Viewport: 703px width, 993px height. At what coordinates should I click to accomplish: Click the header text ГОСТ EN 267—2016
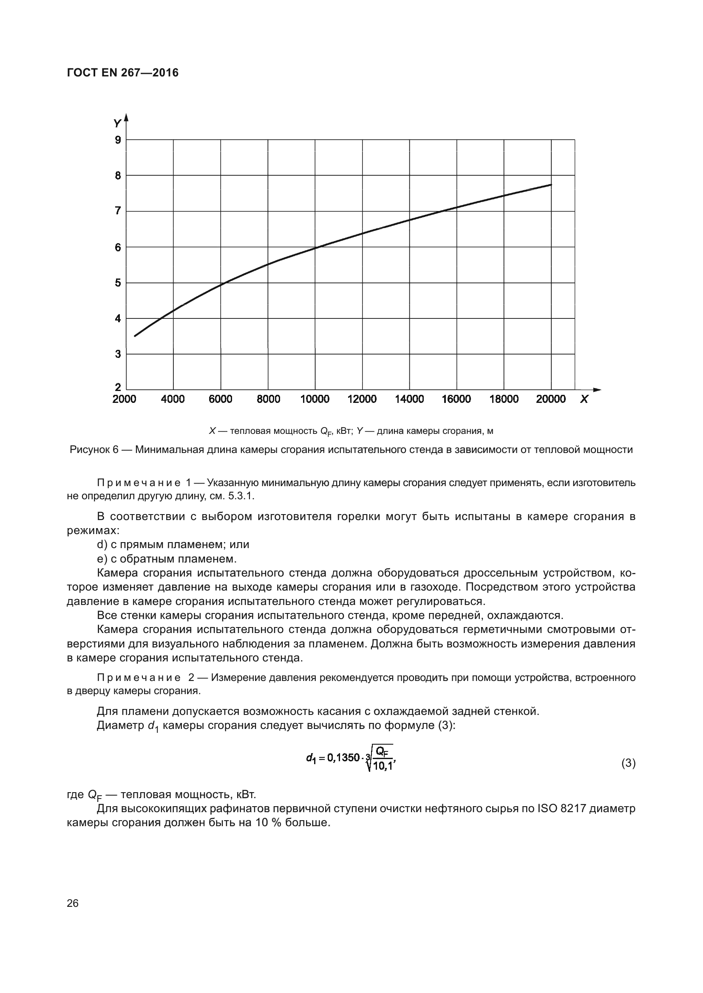point(122,73)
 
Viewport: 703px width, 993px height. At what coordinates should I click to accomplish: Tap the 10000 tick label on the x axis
point(315,399)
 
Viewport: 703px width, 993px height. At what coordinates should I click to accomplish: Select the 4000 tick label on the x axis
point(173,399)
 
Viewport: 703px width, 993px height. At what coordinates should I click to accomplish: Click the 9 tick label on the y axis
point(118,140)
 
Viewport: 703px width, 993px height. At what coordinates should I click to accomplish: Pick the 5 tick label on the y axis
point(118,283)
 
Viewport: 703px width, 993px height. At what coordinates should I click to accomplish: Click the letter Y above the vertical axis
point(116,124)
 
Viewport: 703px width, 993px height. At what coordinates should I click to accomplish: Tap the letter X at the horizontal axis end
point(584,399)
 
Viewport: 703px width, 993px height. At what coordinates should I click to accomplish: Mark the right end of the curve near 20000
point(550,185)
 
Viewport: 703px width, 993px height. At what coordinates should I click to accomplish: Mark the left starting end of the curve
point(135,336)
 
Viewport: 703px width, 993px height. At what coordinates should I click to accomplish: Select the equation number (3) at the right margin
point(628,764)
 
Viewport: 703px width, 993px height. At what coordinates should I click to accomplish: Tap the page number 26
point(73,903)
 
